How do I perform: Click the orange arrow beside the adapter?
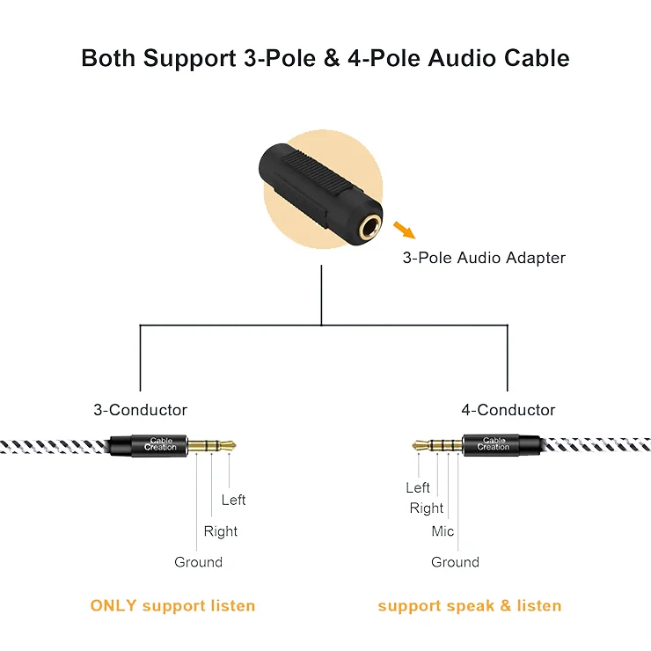point(405,230)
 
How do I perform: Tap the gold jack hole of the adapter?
point(369,230)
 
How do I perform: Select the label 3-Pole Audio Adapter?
point(484,258)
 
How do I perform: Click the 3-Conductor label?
point(141,410)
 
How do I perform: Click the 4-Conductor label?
point(508,410)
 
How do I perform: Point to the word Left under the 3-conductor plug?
point(233,500)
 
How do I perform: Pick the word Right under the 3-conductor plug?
point(221,531)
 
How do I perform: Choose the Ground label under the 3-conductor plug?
point(199,562)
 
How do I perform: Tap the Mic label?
point(443,531)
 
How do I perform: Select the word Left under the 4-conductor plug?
point(418,487)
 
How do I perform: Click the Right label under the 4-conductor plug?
point(427,508)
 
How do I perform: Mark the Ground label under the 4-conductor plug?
point(455,562)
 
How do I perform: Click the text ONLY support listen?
point(172,606)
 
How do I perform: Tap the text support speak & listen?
point(470,606)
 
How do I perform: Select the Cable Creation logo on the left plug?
point(160,444)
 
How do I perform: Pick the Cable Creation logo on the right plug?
point(494,443)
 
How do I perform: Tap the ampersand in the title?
point(332,58)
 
